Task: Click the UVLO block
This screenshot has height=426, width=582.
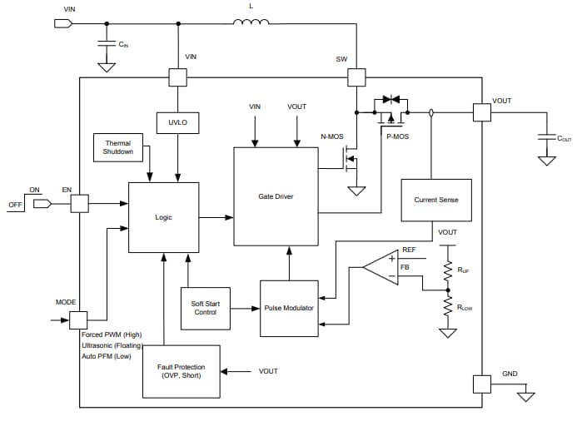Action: coord(177,121)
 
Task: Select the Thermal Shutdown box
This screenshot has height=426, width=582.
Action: coord(117,148)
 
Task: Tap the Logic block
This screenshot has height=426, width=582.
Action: coord(163,217)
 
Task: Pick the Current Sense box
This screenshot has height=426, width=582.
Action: coord(435,200)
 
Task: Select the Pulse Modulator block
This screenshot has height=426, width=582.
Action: coord(288,308)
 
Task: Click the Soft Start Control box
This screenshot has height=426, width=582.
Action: coord(205,307)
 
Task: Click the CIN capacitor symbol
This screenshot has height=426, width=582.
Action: coord(107,42)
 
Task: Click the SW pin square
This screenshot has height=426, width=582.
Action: coord(356,77)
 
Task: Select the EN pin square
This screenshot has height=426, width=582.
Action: coord(79,203)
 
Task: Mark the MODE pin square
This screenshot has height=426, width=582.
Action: coord(79,319)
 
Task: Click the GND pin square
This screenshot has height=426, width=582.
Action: coord(482,384)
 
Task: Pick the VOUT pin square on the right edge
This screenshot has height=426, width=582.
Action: coord(482,111)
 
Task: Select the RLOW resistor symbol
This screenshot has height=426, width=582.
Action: coord(447,306)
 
